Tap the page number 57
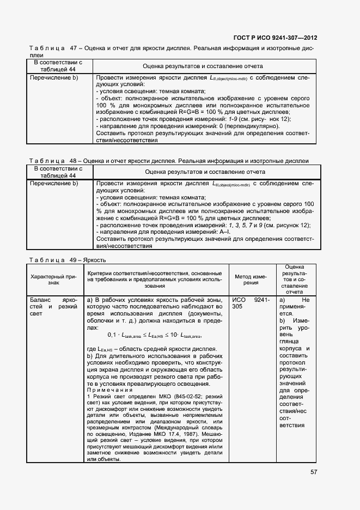(313, 472)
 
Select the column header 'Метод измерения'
(251, 280)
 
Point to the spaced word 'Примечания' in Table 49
(109, 390)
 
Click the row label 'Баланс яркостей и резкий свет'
(53, 307)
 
